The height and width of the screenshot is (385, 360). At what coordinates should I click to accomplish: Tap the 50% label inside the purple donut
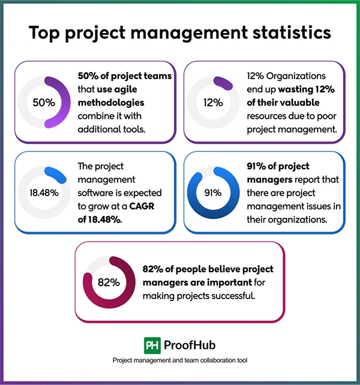(x=44, y=102)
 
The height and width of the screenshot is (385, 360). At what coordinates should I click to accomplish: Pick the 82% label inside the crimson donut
(x=109, y=281)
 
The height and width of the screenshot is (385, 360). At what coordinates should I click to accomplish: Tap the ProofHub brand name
(x=190, y=345)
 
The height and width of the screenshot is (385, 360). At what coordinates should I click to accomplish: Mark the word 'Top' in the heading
(x=42, y=33)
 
